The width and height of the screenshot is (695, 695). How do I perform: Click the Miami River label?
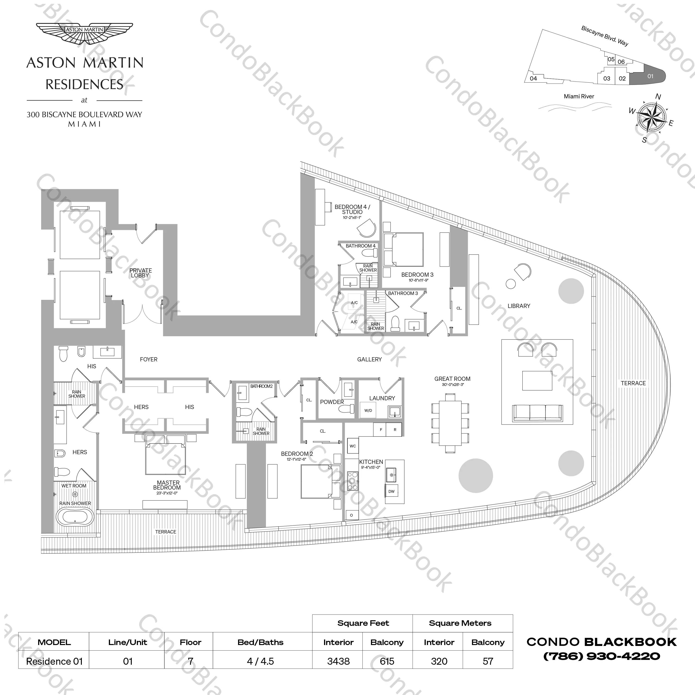point(579,96)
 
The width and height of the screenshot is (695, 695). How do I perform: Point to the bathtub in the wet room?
point(75,518)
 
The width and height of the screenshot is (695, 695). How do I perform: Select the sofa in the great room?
point(537,413)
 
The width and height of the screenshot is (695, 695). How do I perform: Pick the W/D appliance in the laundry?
point(368,410)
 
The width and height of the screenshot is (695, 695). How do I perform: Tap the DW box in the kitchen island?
point(391,491)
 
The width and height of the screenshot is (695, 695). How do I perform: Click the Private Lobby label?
point(140,273)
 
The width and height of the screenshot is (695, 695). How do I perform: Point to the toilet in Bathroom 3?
point(395,323)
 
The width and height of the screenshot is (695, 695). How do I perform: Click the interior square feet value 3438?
point(338,661)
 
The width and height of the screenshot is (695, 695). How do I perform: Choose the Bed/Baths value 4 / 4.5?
point(260,661)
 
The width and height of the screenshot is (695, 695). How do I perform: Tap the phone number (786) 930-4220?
point(601,656)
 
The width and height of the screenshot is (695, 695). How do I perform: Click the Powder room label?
point(332,402)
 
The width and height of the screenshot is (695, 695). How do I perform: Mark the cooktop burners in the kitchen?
point(352,481)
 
